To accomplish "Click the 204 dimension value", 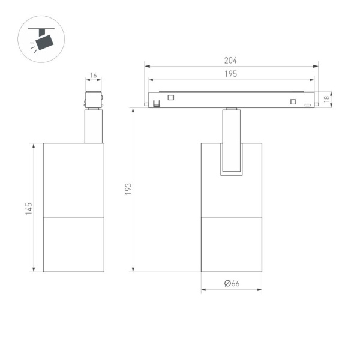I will tap(231, 61).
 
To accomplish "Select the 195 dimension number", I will tap(231, 74).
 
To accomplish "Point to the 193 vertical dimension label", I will tap(128, 190).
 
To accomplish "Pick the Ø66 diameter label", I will tap(232, 283).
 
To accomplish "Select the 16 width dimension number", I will tap(93, 76).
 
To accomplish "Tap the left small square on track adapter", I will tap(170, 98).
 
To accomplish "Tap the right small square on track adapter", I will tap(293, 101).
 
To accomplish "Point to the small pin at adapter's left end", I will tap(146, 106).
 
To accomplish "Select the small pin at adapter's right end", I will tap(316, 106).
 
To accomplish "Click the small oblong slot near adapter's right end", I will tap(307, 106).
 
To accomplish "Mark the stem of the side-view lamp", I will tap(93, 126).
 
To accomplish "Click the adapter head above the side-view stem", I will tap(93, 100).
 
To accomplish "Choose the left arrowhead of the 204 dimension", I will tap(146, 66).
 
